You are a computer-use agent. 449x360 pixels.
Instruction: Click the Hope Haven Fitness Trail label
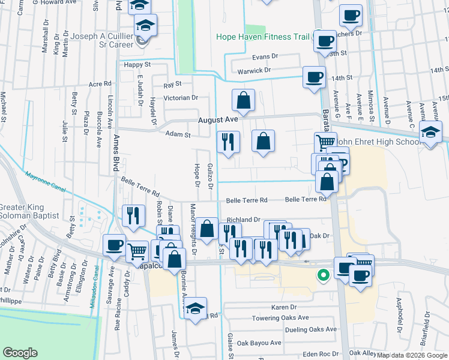(x=263, y=37)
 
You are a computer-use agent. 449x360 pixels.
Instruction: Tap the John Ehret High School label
(x=378, y=142)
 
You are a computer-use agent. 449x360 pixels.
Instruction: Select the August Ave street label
(x=220, y=119)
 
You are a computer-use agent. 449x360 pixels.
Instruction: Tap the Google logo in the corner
(x=20, y=353)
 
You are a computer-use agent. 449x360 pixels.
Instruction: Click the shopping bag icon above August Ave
(x=243, y=101)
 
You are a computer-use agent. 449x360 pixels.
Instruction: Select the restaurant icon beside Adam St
(x=228, y=142)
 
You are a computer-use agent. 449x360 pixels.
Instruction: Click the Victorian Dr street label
(x=181, y=97)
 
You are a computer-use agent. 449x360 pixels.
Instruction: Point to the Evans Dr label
(x=265, y=56)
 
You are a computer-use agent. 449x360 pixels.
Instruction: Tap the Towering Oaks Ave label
(x=280, y=318)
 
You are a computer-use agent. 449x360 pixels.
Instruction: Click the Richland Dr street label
(x=243, y=220)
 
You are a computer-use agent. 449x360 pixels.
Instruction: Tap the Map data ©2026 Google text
(x=411, y=355)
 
